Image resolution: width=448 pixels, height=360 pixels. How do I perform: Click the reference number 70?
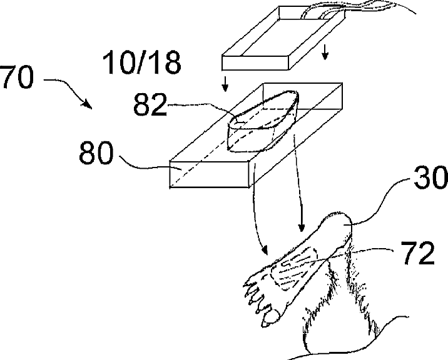[x=18, y=81]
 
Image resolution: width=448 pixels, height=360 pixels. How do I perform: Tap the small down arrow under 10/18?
[x=226, y=82]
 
